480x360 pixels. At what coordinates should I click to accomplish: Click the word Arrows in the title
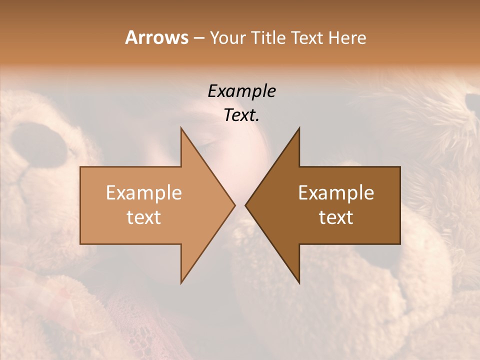pos(156,37)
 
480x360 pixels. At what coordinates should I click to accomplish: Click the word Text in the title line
pos(307,38)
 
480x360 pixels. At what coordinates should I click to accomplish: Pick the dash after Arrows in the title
pos(198,38)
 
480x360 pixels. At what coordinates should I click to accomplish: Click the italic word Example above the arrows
pos(241,91)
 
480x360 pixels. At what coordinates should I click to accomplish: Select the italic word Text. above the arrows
pos(241,115)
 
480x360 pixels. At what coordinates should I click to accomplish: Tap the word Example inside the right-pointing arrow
pos(144,193)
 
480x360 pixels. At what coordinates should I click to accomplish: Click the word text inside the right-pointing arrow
pos(144,217)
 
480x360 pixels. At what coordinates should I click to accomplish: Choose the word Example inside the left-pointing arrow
pos(336,193)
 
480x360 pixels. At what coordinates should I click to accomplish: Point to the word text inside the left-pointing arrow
pos(336,217)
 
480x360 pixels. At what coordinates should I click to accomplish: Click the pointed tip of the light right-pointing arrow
pos(235,205)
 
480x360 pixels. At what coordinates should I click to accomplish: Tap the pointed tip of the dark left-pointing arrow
pos(245,205)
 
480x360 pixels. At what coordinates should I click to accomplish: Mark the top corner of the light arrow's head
pos(181,128)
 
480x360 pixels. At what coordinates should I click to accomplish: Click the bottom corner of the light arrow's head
pos(181,283)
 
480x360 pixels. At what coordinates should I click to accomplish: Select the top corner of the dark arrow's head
pos(299,128)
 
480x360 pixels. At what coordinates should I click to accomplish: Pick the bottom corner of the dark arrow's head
pos(299,283)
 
